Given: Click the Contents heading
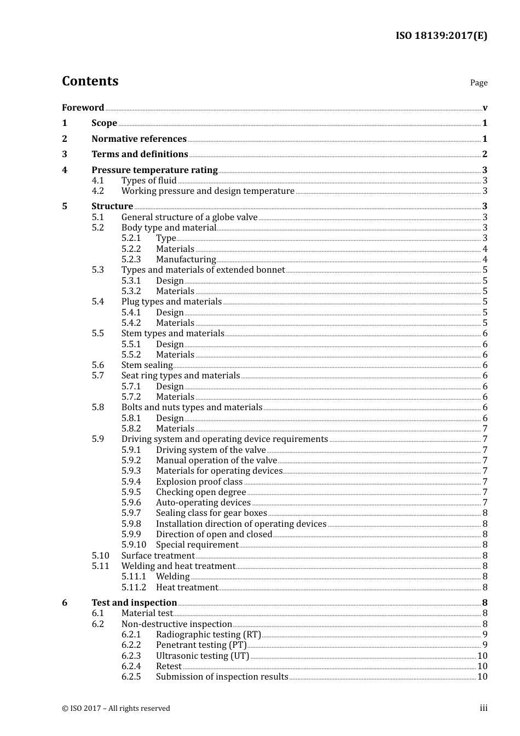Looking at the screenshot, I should (90, 81).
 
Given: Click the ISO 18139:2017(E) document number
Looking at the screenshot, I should (441, 36).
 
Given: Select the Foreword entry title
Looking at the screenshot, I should (83, 108).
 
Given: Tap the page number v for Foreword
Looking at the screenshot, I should (485, 108).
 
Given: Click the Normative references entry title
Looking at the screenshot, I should (139, 139).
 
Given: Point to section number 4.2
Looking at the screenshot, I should (97, 191).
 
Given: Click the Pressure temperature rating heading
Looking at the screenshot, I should (154, 170).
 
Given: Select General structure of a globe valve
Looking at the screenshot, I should (189, 217).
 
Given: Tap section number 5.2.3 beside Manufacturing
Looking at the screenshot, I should (131, 260).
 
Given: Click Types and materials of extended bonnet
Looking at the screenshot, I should (203, 270).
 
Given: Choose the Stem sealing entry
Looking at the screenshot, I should (147, 365).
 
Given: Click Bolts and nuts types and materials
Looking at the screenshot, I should (192, 407).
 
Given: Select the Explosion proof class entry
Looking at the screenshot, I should (199, 482).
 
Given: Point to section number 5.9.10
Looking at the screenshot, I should (134, 545).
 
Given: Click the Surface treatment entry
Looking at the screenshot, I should (158, 556).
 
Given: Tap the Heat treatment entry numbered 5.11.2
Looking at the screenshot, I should (187, 588).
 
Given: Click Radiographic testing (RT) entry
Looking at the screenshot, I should (208, 635).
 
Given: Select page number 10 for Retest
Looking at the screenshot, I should (482, 666).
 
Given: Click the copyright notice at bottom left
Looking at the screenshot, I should (116, 709).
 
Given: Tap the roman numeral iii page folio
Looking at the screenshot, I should (483, 708).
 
